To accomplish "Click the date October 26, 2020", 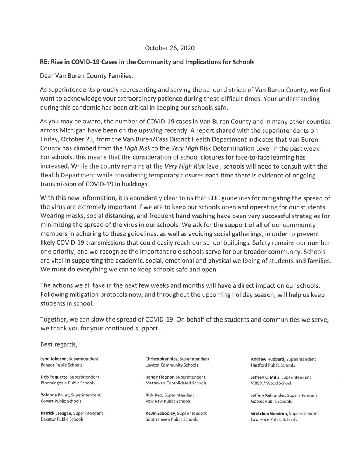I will [170, 48].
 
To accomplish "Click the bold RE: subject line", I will [147, 62].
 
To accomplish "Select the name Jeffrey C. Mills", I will [265, 377].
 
